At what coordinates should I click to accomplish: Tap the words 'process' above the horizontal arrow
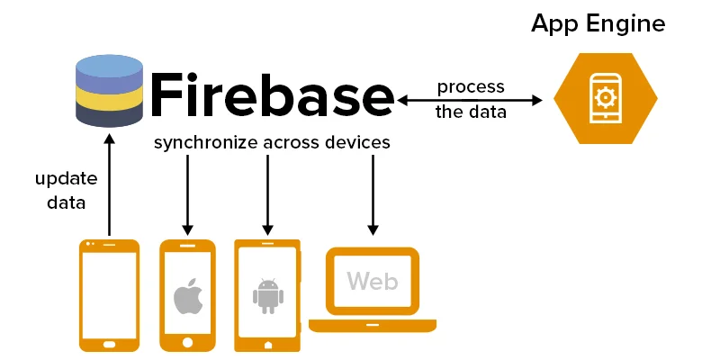(x=471, y=87)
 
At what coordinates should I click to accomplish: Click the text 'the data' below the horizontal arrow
(x=471, y=112)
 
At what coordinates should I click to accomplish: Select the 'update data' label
(x=60, y=191)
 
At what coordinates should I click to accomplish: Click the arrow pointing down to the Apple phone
(x=188, y=193)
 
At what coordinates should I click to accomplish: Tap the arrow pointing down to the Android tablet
(x=266, y=193)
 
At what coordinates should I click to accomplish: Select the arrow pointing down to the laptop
(x=373, y=193)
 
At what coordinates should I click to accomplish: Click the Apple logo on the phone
(x=187, y=296)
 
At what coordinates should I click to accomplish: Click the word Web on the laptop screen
(x=372, y=282)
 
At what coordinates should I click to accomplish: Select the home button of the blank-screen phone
(x=109, y=343)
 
